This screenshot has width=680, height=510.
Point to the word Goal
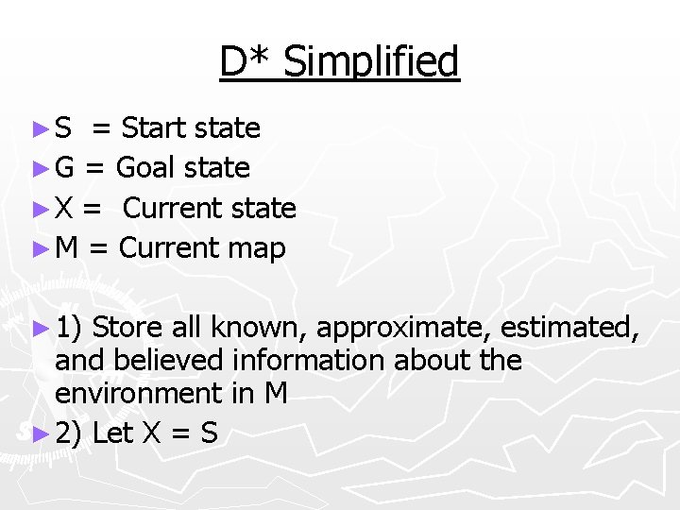[147, 168]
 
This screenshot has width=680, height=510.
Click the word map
[256, 248]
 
